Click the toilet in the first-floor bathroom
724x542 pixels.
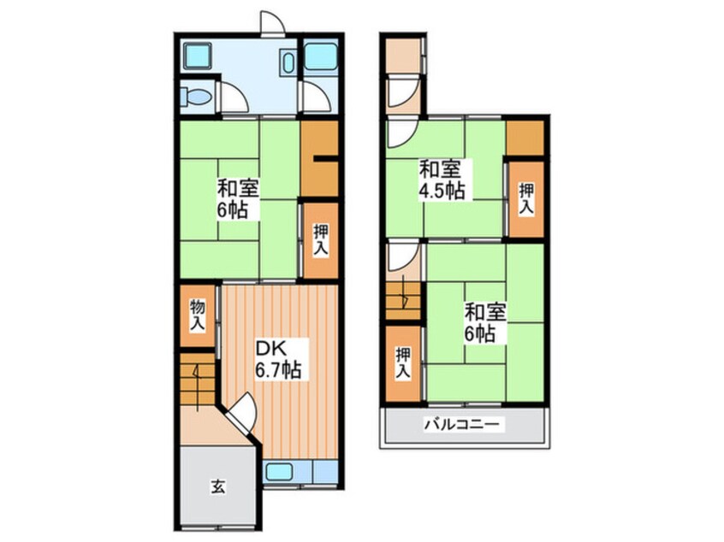point(196,97)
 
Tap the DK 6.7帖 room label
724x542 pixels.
point(279,359)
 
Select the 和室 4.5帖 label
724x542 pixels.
point(441,180)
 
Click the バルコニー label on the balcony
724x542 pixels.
point(462,424)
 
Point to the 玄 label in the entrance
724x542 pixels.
point(218,486)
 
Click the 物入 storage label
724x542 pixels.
point(198,315)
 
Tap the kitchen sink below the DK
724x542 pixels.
point(279,472)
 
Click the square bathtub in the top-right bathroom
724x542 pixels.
point(320,56)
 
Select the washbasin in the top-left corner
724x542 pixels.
point(197,56)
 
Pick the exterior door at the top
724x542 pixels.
point(272,23)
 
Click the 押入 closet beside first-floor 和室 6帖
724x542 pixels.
point(321,240)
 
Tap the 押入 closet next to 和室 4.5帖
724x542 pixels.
point(526,199)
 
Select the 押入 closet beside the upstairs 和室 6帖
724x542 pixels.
point(403,364)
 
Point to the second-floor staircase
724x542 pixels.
point(403,301)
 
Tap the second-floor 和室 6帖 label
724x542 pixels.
point(485,322)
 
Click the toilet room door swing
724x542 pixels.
point(233,97)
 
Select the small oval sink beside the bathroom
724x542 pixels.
point(288,63)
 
